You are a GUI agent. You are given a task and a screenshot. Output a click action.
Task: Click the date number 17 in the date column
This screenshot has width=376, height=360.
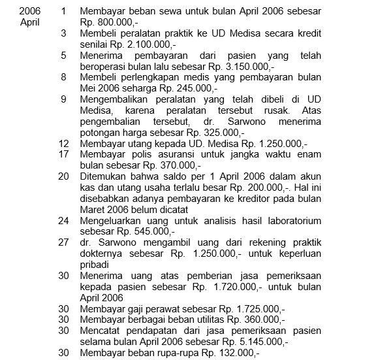[x=63, y=154]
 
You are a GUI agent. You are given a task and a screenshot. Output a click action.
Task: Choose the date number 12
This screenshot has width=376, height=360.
[x=63, y=142]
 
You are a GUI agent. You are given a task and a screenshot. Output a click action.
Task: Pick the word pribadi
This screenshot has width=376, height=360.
[x=96, y=265]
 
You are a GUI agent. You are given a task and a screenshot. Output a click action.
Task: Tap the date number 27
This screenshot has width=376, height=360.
[x=63, y=242]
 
